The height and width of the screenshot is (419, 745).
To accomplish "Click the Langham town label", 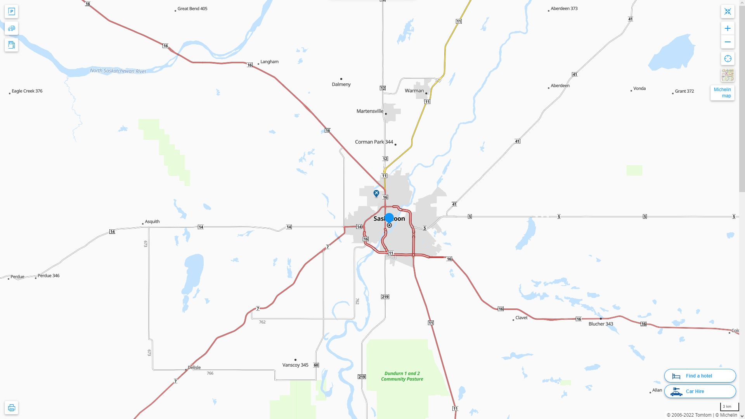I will click(269, 62).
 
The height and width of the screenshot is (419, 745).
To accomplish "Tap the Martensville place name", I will click(370, 111).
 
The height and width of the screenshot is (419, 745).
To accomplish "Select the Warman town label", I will click(414, 91).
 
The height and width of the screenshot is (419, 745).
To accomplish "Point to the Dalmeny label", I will click(341, 84).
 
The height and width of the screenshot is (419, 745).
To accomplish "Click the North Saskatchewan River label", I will click(118, 71).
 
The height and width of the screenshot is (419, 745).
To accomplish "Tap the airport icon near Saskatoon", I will click(376, 193).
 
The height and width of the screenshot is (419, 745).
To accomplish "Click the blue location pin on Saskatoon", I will click(389, 218).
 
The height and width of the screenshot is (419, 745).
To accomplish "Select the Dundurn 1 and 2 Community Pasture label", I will click(402, 376).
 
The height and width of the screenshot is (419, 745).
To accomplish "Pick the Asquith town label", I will click(152, 222).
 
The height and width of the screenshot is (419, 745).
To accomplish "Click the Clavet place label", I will click(521, 318).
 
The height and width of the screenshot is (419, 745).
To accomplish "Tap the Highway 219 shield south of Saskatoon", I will click(385, 297).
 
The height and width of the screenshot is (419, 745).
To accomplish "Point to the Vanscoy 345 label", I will click(295, 365).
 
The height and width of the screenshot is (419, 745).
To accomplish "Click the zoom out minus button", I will click(728, 42).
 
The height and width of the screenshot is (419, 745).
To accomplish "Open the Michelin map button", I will click(722, 93).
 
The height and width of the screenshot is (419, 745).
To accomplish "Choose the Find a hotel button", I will click(700, 376).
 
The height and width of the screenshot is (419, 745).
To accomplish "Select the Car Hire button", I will click(700, 391).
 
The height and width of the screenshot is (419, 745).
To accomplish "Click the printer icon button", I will click(11, 408).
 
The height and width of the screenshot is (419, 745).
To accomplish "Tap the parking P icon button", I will click(11, 12).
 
